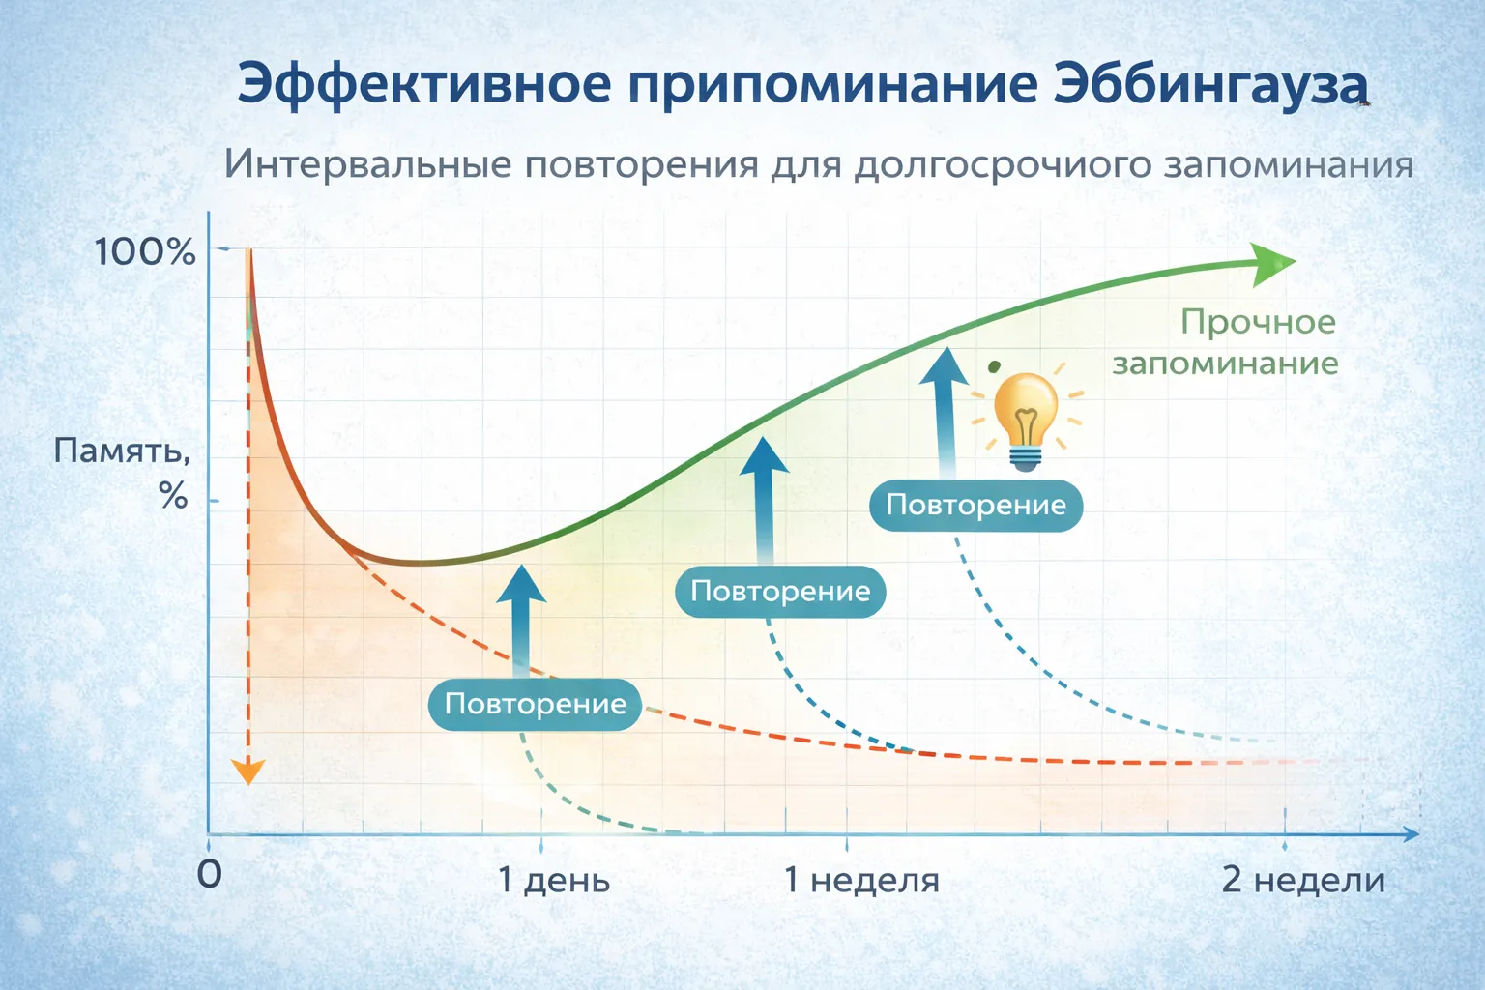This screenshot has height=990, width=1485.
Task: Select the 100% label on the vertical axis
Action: (x=145, y=252)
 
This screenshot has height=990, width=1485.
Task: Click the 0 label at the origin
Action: (x=209, y=874)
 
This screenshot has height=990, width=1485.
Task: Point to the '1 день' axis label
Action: (x=553, y=880)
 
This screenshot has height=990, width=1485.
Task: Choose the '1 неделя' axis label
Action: (x=860, y=880)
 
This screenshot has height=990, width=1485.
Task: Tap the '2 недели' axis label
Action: (x=1302, y=880)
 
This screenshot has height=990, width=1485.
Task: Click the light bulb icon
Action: (x=1026, y=418)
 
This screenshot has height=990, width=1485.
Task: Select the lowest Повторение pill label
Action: (x=535, y=704)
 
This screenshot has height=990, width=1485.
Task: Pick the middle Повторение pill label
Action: (x=780, y=591)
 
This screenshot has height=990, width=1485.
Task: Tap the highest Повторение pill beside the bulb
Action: (x=975, y=505)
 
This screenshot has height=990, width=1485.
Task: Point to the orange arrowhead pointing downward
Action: (x=248, y=771)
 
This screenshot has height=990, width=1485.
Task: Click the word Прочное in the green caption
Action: (x=1258, y=322)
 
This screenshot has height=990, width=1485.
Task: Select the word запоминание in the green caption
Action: (x=1225, y=364)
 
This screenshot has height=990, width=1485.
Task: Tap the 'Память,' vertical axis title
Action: (x=122, y=451)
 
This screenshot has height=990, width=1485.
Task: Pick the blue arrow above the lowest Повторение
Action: (x=521, y=619)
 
